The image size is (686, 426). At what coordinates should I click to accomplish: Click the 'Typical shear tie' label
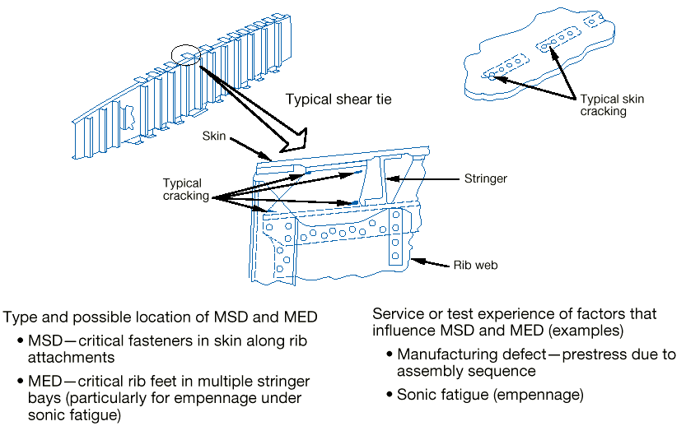pyautogui.click(x=338, y=100)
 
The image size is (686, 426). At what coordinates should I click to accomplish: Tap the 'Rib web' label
pyautogui.click(x=476, y=266)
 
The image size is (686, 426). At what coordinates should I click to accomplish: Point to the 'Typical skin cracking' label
pyautogui.click(x=612, y=105)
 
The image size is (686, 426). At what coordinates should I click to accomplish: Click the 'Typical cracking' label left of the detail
pyautogui.click(x=182, y=190)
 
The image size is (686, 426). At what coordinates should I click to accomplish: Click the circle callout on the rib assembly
pyautogui.click(x=187, y=58)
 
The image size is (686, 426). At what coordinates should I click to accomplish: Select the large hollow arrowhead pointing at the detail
pyautogui.click(x=292, y=140)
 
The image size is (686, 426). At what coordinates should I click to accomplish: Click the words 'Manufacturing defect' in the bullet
pyautogui.click(x=464, y=354)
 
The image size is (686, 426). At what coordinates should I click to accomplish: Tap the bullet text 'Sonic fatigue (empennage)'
pyautogui.click(x=490, y=395)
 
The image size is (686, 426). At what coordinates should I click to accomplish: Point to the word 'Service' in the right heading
pyautogui.click(x=397, y=314)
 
